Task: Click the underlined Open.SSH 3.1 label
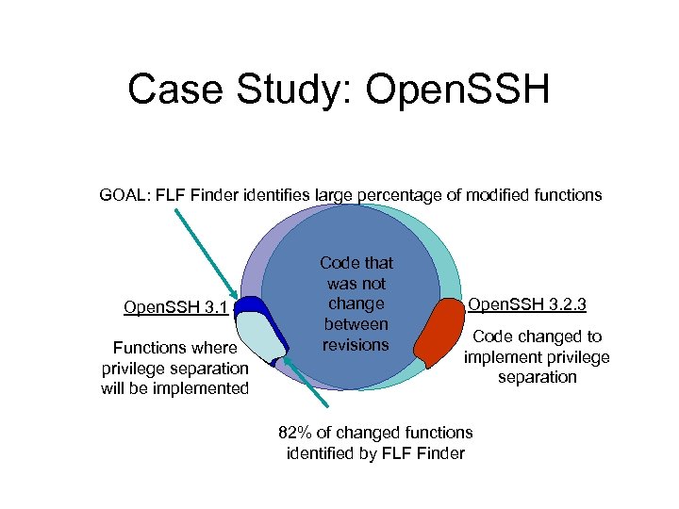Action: click(x=175, y=307)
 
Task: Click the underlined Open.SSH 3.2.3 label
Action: click(x=527, y=304)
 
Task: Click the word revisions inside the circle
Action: click(x=356, y=345)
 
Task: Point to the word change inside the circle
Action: click(x=356, y=304)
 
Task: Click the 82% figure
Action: click(x=296, y=433)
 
